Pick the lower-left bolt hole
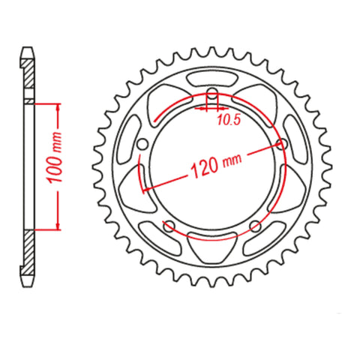169,226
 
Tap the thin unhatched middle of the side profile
29,165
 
